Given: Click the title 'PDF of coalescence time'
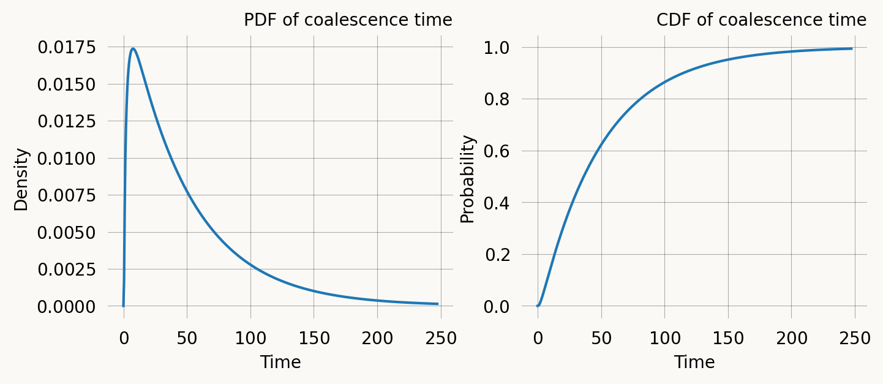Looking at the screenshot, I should (348, 20).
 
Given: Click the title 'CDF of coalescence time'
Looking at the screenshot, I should (761, 20).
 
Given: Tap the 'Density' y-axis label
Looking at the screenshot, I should (21, 179).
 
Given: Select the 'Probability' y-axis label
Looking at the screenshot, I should (468, 179).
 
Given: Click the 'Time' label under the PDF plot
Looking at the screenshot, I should (280, 363).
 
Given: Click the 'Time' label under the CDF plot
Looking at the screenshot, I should (694, 363).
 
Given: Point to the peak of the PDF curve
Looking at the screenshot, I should (133, 48).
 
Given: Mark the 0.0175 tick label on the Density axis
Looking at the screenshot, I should (66, 47).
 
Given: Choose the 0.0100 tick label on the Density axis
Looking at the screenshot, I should (66, 159).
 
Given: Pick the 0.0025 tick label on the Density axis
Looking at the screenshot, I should (66, 269).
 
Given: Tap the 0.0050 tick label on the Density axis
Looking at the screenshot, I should (66, 233).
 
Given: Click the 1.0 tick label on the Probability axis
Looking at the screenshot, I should (497, 48).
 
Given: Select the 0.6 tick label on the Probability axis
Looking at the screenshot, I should (497, 151).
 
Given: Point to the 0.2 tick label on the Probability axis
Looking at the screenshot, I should (497, 255).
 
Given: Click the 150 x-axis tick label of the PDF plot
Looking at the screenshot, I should (314, 339).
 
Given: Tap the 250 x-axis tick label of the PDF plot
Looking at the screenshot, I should (440, 339).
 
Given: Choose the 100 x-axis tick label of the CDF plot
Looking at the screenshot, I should (664, 339).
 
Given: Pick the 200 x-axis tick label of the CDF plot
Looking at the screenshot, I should (791, 339).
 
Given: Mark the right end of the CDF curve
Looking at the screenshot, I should (851, 48).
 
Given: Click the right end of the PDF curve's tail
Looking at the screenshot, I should (437, 304).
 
